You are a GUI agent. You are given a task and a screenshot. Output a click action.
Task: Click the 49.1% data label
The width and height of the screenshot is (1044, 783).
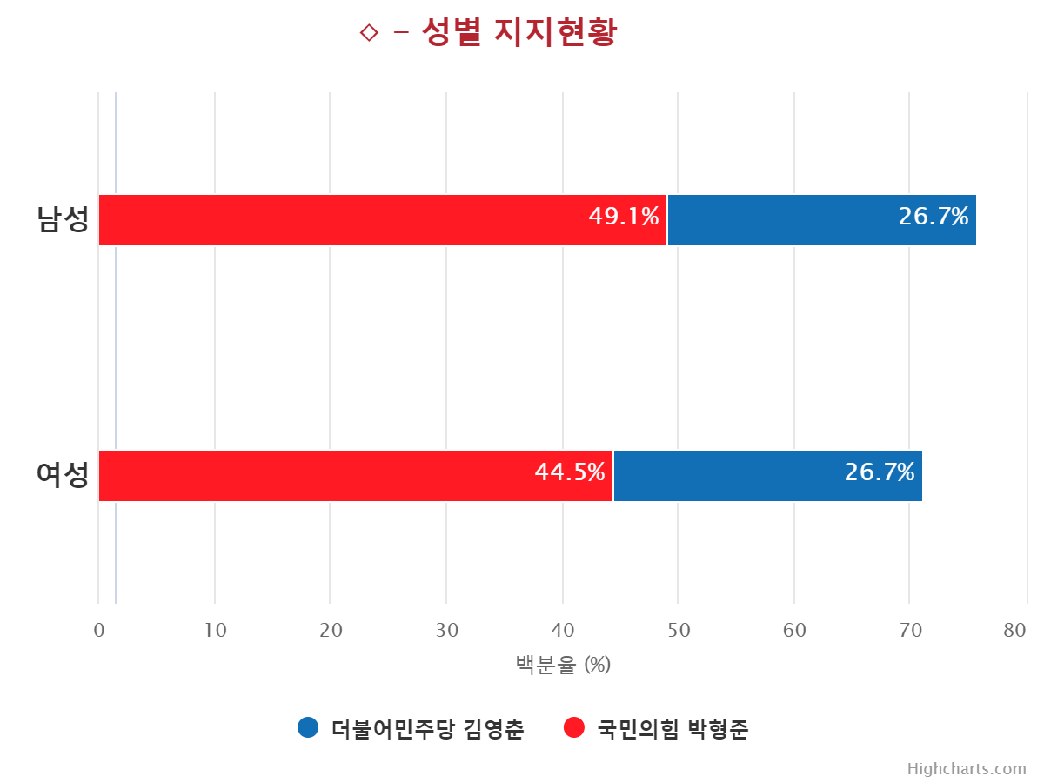point(624,217)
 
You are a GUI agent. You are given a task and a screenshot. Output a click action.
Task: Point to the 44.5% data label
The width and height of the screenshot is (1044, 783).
point(570,472)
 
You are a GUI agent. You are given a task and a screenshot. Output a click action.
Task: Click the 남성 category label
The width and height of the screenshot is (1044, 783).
point(64,219)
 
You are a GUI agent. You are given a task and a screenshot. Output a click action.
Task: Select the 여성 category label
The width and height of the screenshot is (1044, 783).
point(64,475)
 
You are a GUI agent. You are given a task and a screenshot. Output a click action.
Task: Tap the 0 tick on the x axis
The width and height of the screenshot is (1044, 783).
point(99,631)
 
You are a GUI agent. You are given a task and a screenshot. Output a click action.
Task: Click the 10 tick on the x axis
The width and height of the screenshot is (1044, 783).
point(215,631)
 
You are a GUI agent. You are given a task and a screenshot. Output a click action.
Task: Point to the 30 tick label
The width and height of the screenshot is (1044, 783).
point(447,631)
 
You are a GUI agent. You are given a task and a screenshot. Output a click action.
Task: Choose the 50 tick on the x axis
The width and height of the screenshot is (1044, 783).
point(679,631)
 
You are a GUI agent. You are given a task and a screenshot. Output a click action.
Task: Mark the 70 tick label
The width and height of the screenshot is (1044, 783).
point(910,631)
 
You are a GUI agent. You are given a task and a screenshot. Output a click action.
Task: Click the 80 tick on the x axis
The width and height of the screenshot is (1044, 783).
point(1014,631)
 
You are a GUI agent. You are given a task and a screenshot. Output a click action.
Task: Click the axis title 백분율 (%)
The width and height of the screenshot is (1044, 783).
point(563,665)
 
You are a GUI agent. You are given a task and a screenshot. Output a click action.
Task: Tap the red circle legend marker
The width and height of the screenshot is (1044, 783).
point(574,727)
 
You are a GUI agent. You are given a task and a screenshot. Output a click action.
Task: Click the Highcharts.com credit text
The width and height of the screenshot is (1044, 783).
point(967,769)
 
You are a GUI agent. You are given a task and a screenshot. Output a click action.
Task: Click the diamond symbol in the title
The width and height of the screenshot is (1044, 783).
point(369,33)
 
